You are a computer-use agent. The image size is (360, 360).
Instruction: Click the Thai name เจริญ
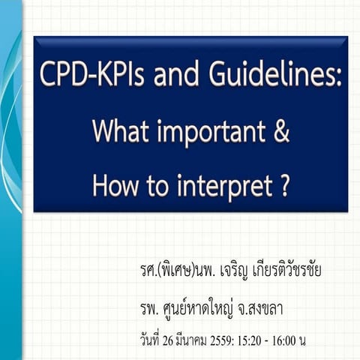[236, 270]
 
